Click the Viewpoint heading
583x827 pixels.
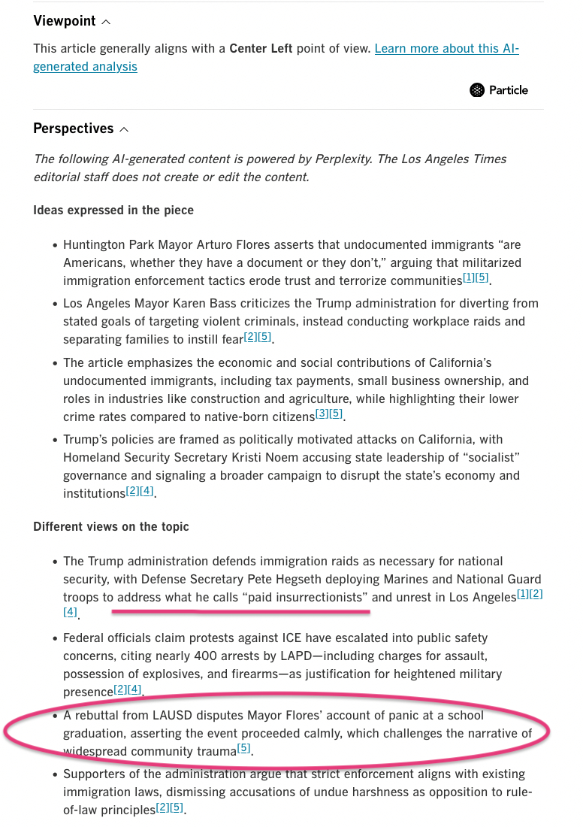tap(65, 22)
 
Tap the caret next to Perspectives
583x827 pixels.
tap(124, 129)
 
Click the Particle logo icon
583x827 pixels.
tap(477, 90)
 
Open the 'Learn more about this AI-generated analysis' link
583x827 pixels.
tap(446, 49)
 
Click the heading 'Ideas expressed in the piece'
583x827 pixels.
tap(113, 211)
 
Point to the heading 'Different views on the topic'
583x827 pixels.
tap(111, 526)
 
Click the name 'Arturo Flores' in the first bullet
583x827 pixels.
tap(257, 245)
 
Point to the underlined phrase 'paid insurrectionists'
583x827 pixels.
tap(307, 597)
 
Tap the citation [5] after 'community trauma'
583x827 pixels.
tap(243, 748)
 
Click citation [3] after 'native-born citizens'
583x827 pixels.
tap(321, 413)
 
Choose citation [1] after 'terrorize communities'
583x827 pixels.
tap(468, 278)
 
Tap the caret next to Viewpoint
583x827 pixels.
tap(105, 23)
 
